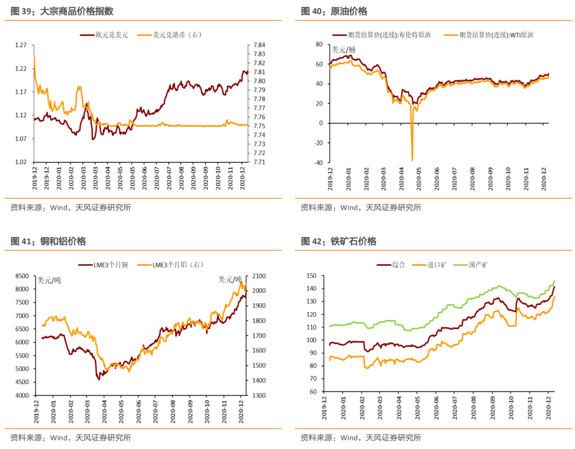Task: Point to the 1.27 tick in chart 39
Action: click(x=20, y=45)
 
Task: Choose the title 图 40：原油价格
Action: click(x=334, y=11)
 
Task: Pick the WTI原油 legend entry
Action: click(x=491, y=35)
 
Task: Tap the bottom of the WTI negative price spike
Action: click(x=412, y=160)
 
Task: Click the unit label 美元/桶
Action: click(x=343, y=50)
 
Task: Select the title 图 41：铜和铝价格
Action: click(x=48, y=241)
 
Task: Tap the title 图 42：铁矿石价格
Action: click(x=338, y=241)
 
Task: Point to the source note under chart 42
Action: click(x=360, y=438)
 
